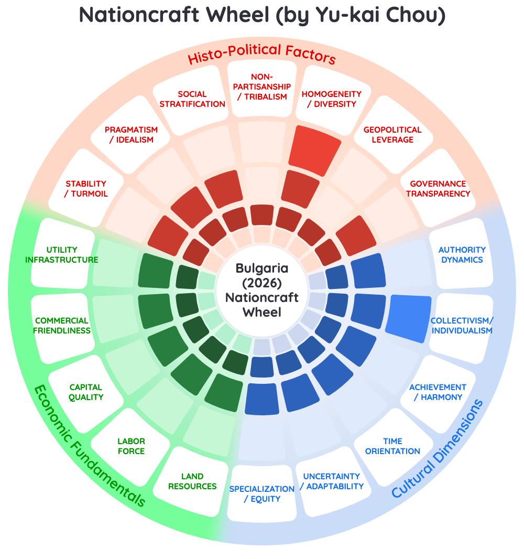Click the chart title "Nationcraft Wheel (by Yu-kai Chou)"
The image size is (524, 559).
tap(262, 15)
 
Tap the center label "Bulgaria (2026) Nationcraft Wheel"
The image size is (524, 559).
tap(262, 290)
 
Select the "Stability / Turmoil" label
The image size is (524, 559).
tap(86, 189)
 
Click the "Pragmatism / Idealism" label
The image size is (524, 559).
tap(131, 135)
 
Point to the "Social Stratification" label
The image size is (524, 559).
tap(192, 99)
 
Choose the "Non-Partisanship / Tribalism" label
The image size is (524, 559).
tap(262, 87)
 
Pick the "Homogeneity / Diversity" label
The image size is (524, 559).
tap(332, 99)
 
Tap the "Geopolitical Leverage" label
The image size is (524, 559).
tap(392, 135)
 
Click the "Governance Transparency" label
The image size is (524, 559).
tap(438, 189)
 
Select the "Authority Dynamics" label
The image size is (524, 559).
tap(462, 254)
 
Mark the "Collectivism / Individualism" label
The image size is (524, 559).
tap(462, 326)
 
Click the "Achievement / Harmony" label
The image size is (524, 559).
tap(438, 392)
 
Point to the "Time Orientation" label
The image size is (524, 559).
tap(392, 446)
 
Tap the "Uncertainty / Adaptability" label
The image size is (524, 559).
tap(332, 481)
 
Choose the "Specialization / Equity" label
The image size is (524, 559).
tap(262, 494)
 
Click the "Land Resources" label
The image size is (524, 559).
tap(192, 481)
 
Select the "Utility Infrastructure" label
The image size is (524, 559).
tap(62, 254)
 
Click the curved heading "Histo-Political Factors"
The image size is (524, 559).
tap(262, 53)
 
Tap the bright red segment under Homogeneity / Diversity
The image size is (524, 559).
tap(314, 150)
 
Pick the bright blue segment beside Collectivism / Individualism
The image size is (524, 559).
tap(409, 318)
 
